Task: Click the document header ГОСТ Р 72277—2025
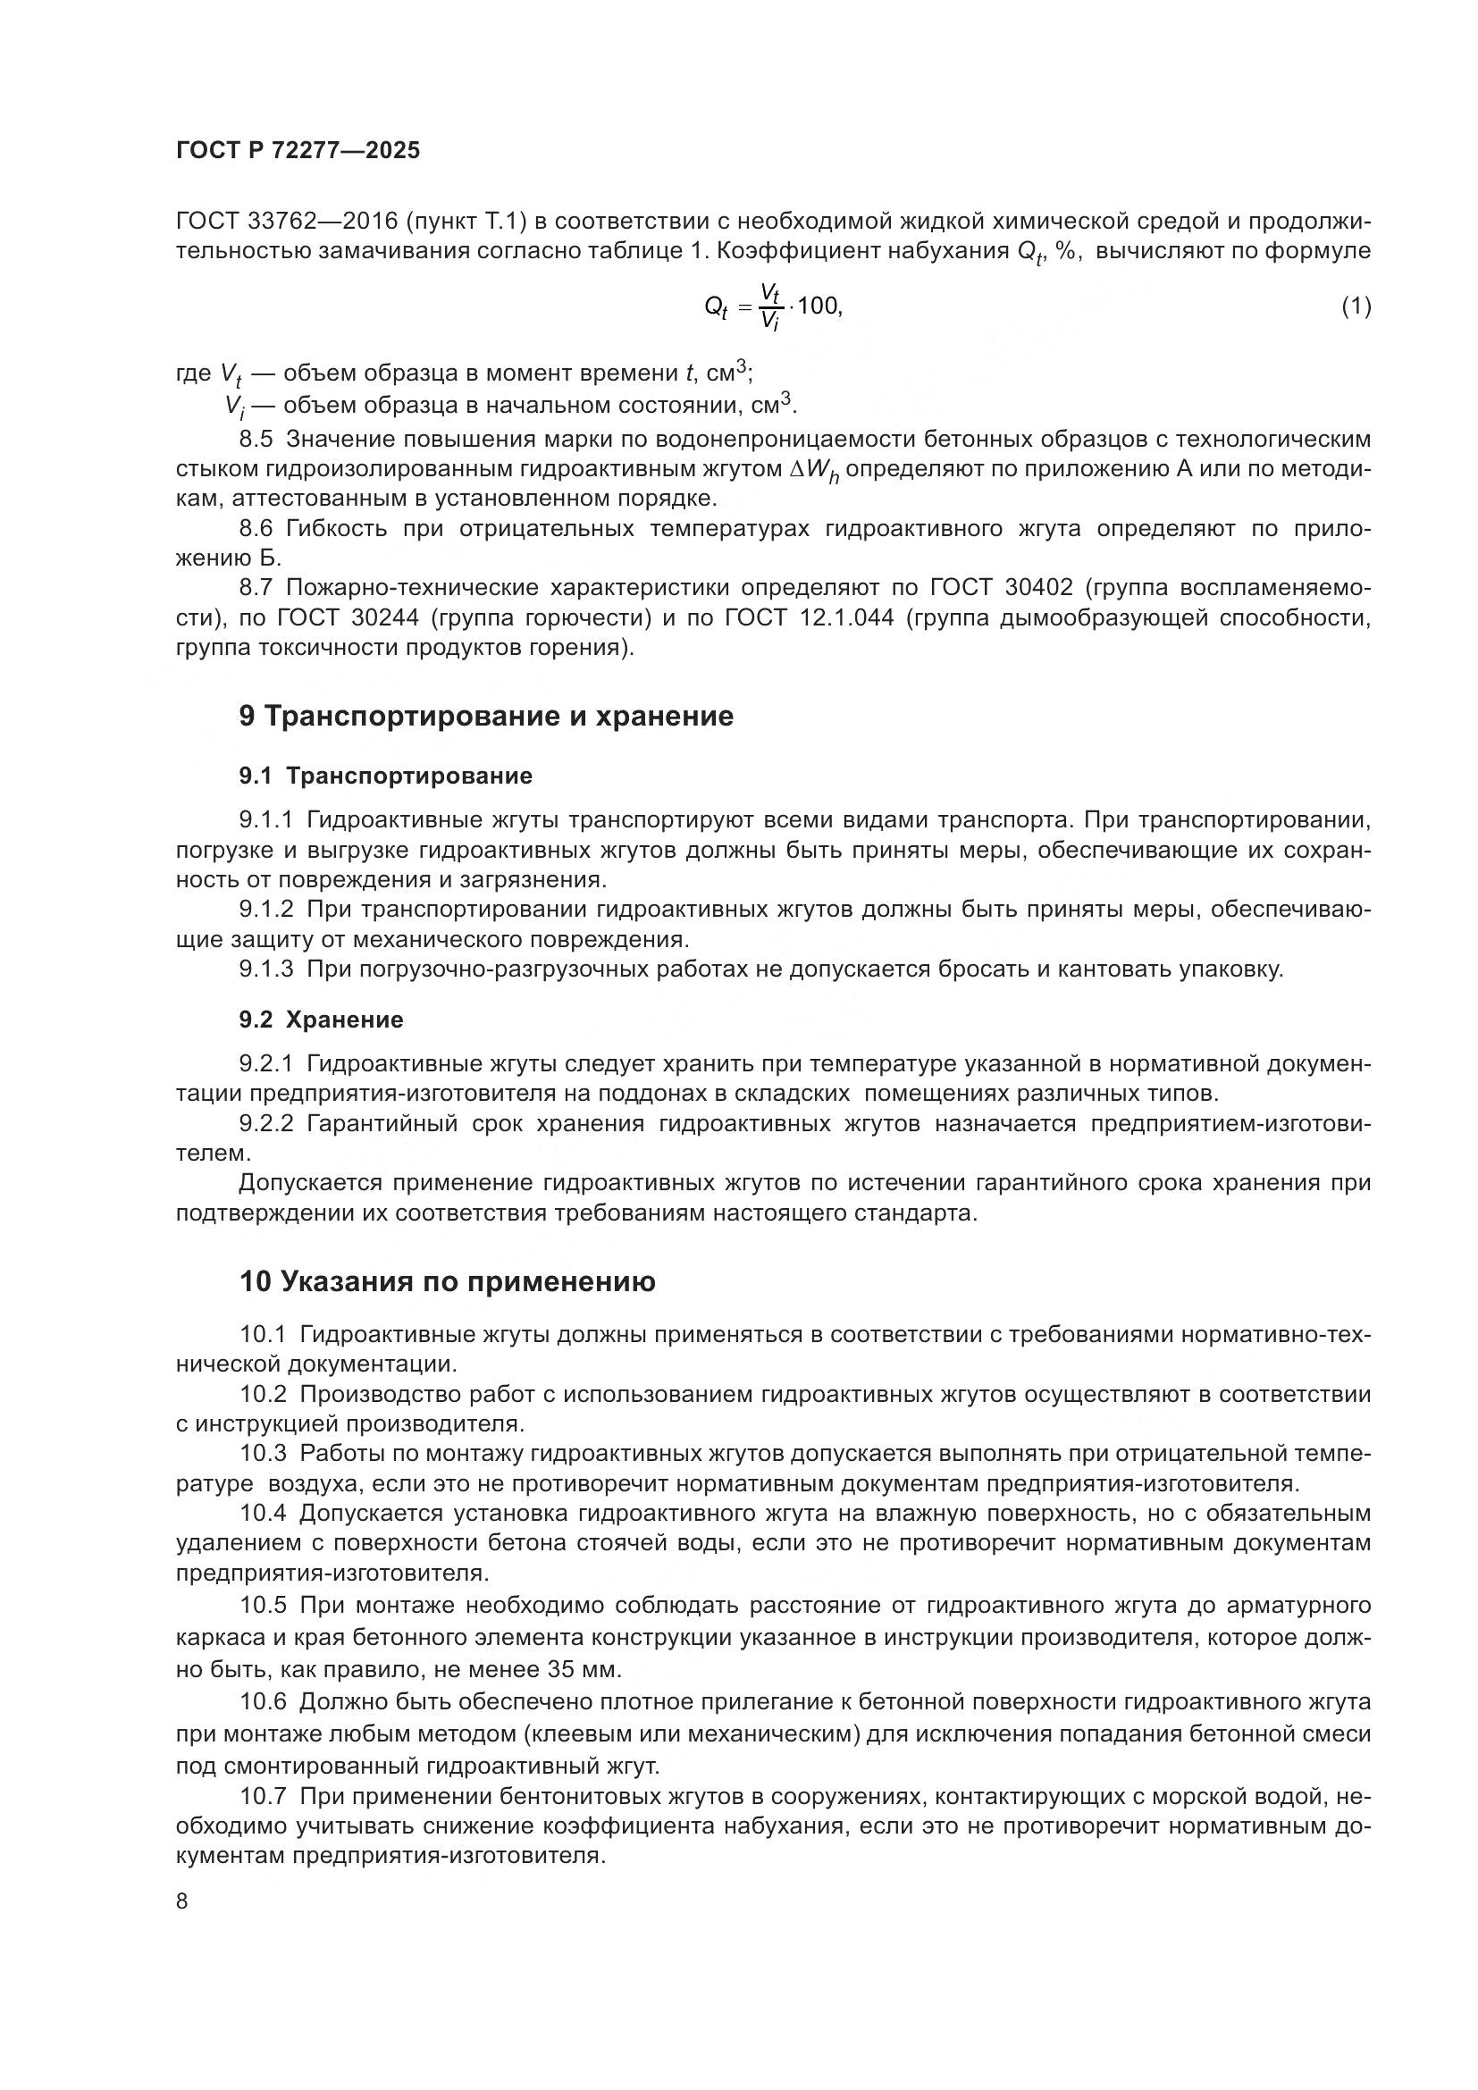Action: (x=298, y=151)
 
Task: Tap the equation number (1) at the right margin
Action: (x=1356, y=306)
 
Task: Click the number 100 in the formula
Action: (x=819, y=306)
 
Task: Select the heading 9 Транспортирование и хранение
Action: (x=485, y=717)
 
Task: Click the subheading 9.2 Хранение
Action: (x=322, y=1020)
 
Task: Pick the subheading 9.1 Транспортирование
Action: (x=385, y=776)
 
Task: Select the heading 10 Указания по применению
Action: (x=447, y=1281)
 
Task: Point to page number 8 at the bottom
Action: (x=182, y=1901)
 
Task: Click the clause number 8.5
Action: (x=256, y=439)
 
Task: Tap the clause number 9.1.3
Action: (x=265, y=969)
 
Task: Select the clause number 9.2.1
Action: (x=265, y=1063)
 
